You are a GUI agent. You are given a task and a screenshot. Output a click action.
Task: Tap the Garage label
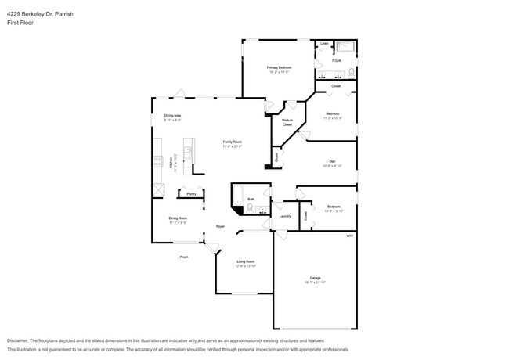[316, 279]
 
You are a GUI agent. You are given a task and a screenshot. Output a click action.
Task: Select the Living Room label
[246, 264]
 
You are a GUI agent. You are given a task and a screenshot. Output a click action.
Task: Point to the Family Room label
[232, 142]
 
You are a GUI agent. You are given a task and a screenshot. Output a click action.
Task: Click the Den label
[332, 162]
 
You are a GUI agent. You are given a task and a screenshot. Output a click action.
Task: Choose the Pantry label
[190, 193]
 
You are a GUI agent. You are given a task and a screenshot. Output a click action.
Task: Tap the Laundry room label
[285, 216]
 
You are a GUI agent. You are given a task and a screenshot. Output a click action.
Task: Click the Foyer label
[221, 225]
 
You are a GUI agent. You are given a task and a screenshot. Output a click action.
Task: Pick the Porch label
[184, 257]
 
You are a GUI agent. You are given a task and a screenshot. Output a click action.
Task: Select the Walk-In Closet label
[287, 122]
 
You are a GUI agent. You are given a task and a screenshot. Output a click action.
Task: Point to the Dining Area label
[172, 117]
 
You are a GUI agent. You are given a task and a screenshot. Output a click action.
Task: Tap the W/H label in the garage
[350, 236]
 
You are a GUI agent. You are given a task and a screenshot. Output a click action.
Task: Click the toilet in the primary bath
[352, 73]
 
